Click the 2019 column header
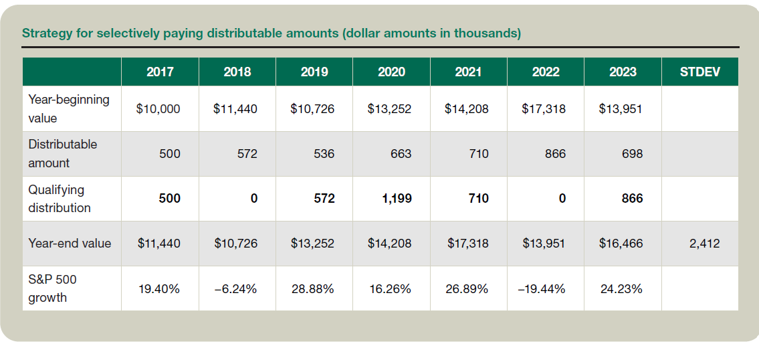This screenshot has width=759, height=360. click(314, 72)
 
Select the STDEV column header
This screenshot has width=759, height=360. click(699, 72)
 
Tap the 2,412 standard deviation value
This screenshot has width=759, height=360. click(704, 244)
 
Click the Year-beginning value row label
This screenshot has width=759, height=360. click(69, 108)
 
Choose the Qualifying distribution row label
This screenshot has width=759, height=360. click(60, 199)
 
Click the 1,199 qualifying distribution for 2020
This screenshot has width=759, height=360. click(397, 199)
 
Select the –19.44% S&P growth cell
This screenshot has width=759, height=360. click(544, 289)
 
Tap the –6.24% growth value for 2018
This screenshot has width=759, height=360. click(235, 289)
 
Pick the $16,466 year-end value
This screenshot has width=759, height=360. click(621, 244)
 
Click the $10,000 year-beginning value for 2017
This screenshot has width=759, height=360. click(158, 108)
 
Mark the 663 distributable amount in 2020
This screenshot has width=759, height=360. click(401, 154)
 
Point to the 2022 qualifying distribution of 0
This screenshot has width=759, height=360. click(562, 199)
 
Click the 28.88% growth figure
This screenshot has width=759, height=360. click(312, 289)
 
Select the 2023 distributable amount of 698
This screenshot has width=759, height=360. click(632, 154)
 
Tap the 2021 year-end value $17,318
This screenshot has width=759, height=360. click(467, 244)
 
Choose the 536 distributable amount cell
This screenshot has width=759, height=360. click(324, 154)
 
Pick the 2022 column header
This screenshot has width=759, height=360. click(546, 72)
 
